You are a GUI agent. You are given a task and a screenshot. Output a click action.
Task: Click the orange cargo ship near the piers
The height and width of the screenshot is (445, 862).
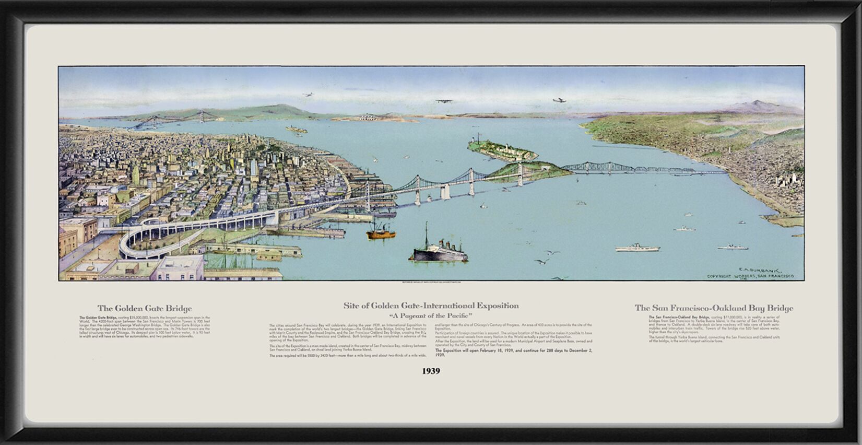[x=381, y=232]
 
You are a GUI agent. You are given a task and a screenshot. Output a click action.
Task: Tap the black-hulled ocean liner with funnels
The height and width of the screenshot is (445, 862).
[x=441, y=253]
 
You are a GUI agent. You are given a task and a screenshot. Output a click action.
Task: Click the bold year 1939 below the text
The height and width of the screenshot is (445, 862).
[x=431, y=371]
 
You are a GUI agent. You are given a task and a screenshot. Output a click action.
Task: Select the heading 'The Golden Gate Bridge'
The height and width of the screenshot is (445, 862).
[x=145, y=309]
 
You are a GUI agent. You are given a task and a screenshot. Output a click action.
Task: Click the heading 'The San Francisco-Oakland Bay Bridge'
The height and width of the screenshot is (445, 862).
[x=714, y=308]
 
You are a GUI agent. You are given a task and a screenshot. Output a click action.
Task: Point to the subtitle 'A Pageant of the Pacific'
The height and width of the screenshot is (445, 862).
[x=431, y=316]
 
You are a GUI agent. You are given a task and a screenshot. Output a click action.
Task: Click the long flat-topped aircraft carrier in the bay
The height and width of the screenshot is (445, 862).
[x=633, y=248]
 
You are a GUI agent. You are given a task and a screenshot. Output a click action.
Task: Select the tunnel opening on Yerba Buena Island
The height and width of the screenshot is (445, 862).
[x=546, y=169]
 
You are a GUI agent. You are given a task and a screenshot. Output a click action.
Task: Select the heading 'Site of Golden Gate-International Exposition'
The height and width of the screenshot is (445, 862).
[x=431, y=306]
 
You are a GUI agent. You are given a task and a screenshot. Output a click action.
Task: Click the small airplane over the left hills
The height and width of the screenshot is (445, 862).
[x=308, y=95]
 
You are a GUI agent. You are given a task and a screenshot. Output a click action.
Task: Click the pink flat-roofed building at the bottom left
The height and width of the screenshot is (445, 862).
[x=180, y=267]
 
